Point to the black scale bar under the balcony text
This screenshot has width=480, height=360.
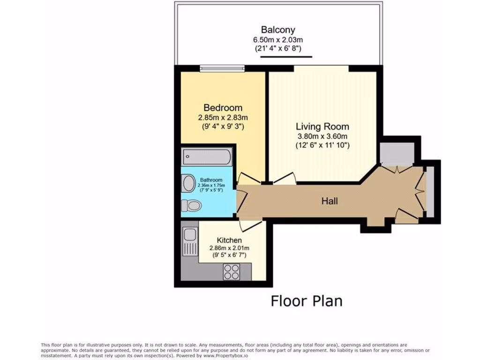pyautogui.click(x=286, y=57)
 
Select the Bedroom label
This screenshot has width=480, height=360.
pyautogui.click(x=223, y=108)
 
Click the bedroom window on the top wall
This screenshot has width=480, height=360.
pyautogui.click(x=223, y=68)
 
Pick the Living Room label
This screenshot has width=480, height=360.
pyautogui.click(x=322, y=127)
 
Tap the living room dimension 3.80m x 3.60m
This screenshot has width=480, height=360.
pyautogui.click(x=322, y=136)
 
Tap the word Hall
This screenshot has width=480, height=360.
pyautogui.click(x=330, y=202)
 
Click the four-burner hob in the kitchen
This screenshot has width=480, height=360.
pyautogui.click(x=231, y=270)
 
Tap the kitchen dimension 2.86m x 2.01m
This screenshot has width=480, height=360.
pyautogui.click(x=229, y=248)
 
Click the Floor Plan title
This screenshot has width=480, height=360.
pyautogui.click(x=307, y=300)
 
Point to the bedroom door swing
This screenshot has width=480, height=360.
pyautogui.click(x=247, y=179)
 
